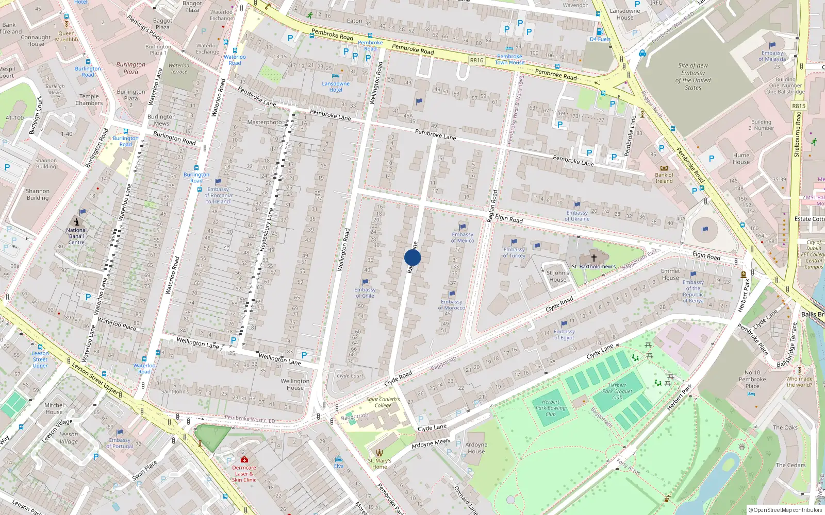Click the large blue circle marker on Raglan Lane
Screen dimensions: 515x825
click(x=412, y=257)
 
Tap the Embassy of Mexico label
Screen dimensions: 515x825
click(x=463, y=237)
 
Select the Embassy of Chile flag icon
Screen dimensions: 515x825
click(x=366, y=282)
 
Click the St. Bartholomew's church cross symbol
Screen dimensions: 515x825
click(x=593, y=257)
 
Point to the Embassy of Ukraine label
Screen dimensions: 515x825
click(x=577, y=216)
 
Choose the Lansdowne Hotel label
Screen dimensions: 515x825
click(x=336, y=87)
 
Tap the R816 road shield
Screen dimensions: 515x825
click(x=476, y=60)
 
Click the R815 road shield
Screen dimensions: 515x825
click(x=798, y=106)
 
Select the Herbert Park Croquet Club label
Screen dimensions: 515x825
click(x=617, y=391)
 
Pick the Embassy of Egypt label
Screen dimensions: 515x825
click(x=564, y=335)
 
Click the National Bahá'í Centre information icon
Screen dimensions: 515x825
click(x=76, y=221)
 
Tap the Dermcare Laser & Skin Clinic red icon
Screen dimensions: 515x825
click(x=244, y=459)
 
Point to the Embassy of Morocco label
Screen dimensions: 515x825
click(x=452, y=305)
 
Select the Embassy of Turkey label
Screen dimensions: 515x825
click(x=514, y=252)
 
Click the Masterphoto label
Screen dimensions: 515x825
click(x=265, y=122)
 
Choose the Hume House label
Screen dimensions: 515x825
click(x=741, y=159)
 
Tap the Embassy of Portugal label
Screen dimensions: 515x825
click(x=120, y=443)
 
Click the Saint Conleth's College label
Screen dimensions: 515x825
click(x=383, y=402)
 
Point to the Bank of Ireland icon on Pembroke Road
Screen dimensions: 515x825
click(x=664, y=168)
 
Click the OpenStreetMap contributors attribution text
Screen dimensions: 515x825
click(x=786, y=510)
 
